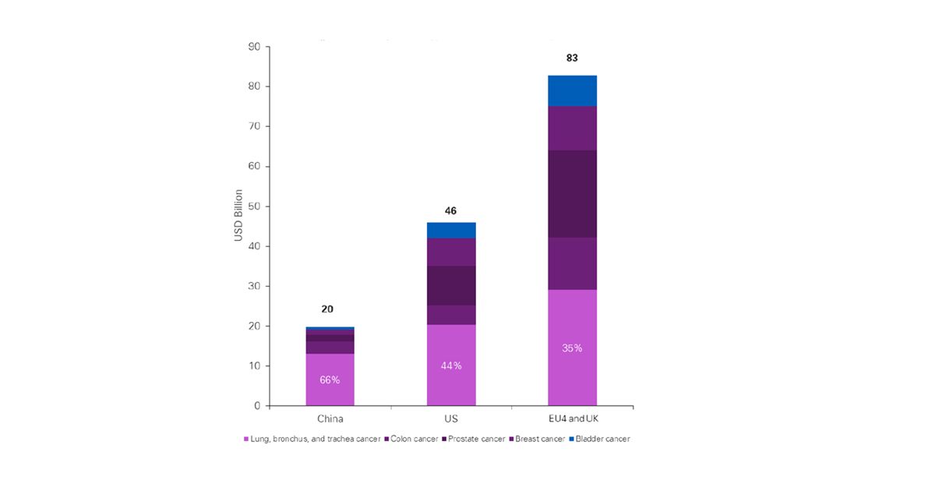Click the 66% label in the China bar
pyautogui.click(x=330, y=380)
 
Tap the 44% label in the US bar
pyautogui.click(x=451, y=366)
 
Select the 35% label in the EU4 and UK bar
pyautogui.click(x=573, y=348)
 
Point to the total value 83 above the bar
pyautogui.click(x=573, y=58)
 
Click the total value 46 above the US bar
pyautogui.click(x=450, y=210)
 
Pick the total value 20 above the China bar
pyautogui.click(x=327, y=309)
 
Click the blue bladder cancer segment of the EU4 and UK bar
pyautogui.click(x=573, y=90)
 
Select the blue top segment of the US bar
pyautogui.click(x=451, y=230)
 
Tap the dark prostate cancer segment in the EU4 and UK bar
pyautogui.click(x=573, y=193)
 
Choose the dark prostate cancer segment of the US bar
pyautogui.click(x=451, y=285)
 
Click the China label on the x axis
pyautogui.click(x=329, y=419)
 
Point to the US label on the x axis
pyautogui.click(x=451, y=419)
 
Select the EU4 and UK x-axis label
pyautogui.click(x=573, y=419)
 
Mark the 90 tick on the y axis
pyautogui.click(x=255, y=46)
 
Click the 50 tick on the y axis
pyautogui.click(x=255, y=206)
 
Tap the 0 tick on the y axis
pyautogui.click(x=257, y=406)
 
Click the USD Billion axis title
pyautogui.click(x=238, y=215)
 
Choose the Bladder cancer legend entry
pyautogui.click(x=600, y=439)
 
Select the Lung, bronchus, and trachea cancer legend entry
pyautogui.click(x=312, y=439)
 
